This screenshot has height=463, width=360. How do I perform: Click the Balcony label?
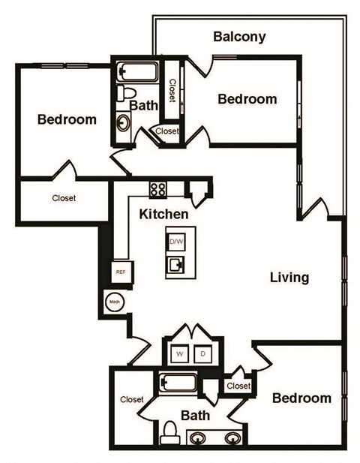click(239, 37)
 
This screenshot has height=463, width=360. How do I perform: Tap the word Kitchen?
click(163, 214)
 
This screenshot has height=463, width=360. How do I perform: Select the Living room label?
click(289, 278)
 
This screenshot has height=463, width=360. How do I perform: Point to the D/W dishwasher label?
click(176, 242)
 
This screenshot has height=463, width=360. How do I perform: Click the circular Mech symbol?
click(115, 302)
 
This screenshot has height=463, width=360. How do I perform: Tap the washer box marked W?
click(181, 353)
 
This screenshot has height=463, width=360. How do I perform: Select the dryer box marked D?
click(203, 353)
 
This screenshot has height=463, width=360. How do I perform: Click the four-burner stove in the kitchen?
click(157, 189)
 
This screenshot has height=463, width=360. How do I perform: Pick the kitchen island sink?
click(178, 265)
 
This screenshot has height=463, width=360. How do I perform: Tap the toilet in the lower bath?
click(170, 432)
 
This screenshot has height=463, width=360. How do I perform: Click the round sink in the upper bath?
click(123, 123)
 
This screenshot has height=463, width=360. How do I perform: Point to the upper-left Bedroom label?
click(67, 119)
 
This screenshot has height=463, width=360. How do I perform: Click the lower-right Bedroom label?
click(301, 398)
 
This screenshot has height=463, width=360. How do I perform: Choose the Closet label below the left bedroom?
click(64, 199)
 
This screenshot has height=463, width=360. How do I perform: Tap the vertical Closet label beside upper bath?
click(172, 92)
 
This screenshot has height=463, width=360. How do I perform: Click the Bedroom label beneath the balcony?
click(247, 99)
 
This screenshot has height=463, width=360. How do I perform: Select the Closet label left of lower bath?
click(131, 400)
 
